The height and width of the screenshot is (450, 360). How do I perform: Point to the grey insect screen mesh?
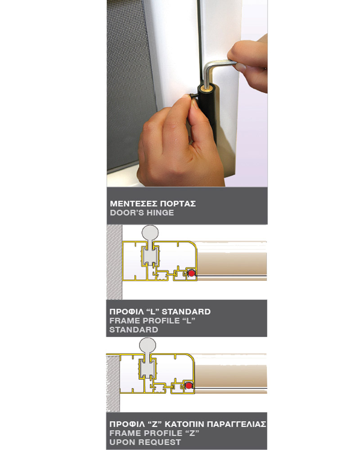coord(130,83)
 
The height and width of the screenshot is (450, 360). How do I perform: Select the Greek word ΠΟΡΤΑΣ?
coord(178,204)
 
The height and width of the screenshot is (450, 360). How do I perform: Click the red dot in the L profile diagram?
coord(191,273)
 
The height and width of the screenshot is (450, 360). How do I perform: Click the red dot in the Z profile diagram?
coord(189,386)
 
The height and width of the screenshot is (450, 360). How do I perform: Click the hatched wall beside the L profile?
coord(114,262)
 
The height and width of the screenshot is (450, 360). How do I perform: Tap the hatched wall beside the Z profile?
coord(113,383)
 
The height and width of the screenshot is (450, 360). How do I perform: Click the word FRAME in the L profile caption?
coord(122,320)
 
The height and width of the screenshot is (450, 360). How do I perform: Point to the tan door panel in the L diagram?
coord(232,263)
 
